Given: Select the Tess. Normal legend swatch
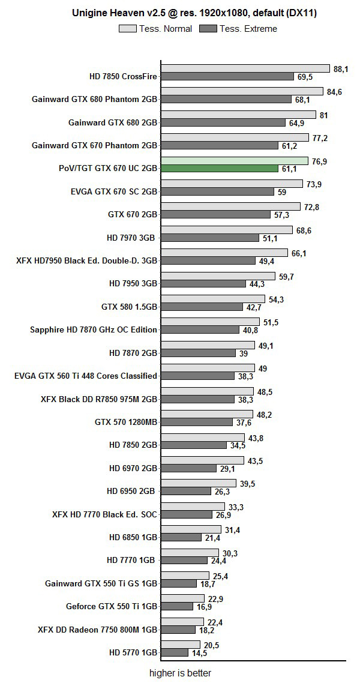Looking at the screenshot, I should [128, 28].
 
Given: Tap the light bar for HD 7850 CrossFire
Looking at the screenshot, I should [245, 68].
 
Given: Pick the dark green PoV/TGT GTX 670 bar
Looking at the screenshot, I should [220, 169].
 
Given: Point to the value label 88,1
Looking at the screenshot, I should [341, 69].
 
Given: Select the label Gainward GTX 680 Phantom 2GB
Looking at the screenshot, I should [94, 100].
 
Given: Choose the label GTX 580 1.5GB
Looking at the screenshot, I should [129, 307].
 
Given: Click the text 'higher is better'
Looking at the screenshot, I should [180, 673].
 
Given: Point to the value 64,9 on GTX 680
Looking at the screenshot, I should [296, 123].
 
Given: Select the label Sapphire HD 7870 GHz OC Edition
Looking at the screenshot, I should [94, 329].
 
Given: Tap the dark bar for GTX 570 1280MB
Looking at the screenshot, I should [196, 422].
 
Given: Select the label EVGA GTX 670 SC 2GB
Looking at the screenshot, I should [113, 192].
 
